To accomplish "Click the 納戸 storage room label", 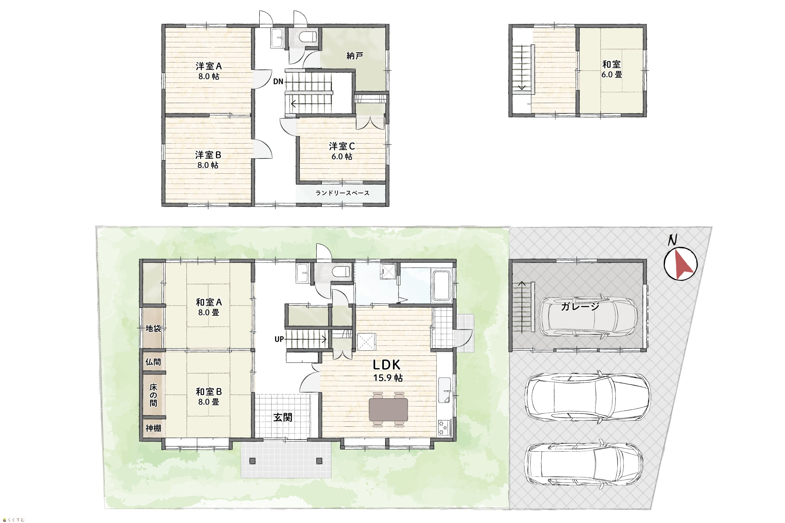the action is [x=355, y=56].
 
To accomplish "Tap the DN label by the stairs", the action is [x=278, y=81].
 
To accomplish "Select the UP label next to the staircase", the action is [x=279, y=339].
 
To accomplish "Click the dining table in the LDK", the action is [x=388, y=410].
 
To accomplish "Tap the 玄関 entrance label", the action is [x=283, y=417].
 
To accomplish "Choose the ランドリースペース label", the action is [x=342, y=193].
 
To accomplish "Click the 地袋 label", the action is [x=153, y=328].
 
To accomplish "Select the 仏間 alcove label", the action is [x=153, y=362].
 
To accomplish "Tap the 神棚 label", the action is [x=153, y=428].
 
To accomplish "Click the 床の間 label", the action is [x=153, y=395].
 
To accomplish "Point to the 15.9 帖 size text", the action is [x=388, y=378].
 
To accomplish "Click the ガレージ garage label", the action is [x=580, y=306].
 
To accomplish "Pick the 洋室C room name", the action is [x=342, y=146].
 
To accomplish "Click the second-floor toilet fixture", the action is [x=307, y=37].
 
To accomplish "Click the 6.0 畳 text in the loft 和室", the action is [x=612, y=75].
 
